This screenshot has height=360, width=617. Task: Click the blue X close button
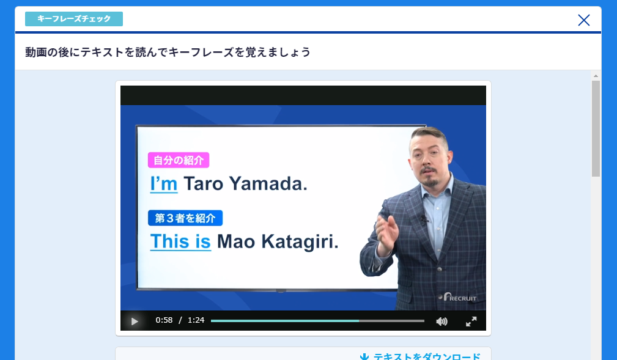tap(583, 20)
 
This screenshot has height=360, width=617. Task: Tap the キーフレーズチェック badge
tap(74, 19)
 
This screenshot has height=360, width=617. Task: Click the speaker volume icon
tap(442, 321)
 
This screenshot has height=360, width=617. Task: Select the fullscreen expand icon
tap(471, 321)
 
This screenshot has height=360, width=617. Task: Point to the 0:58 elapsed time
tap(164, 320)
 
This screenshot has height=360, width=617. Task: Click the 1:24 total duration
tap(196, 320)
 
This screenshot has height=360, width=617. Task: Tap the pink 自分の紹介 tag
tap(179, 160)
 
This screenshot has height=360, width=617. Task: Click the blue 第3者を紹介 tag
tap(185, 218)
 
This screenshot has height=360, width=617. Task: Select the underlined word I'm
tap(164, 184)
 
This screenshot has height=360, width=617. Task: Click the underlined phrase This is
tap(180, 241)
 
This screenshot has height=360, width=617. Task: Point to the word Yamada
tap(268, 184)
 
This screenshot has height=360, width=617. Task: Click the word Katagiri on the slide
tap(300, 241)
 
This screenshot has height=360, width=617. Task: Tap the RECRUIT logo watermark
tap(459, 298)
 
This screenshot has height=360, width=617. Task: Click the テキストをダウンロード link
tap(420, 356)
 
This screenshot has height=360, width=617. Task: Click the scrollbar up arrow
tap(596, 76)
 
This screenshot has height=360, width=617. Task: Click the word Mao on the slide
tap(236, 241)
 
